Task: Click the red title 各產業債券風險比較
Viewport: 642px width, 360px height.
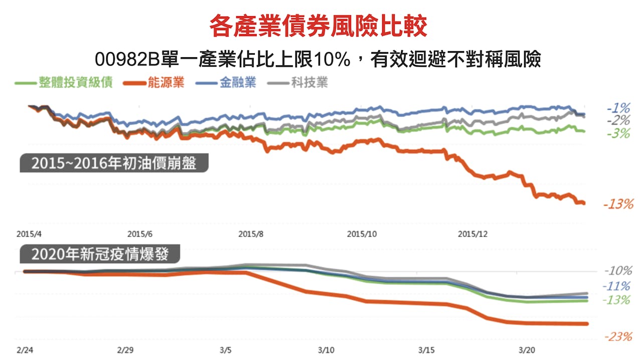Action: tap(318, 26)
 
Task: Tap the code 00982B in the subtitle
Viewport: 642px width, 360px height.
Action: tap(125, 60)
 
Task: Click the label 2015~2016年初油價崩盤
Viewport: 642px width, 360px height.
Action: tap(114, 163)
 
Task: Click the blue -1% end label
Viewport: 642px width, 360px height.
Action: tap(618, 108)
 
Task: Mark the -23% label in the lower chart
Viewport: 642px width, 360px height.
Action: tap(618, 337)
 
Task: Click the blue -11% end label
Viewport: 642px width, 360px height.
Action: tap(617, 286)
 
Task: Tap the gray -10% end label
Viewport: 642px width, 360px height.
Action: tap(618, 271)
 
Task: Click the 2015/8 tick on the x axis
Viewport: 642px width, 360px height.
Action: tap(250, 234)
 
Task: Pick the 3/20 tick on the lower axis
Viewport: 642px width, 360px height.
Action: tap(527, 348)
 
